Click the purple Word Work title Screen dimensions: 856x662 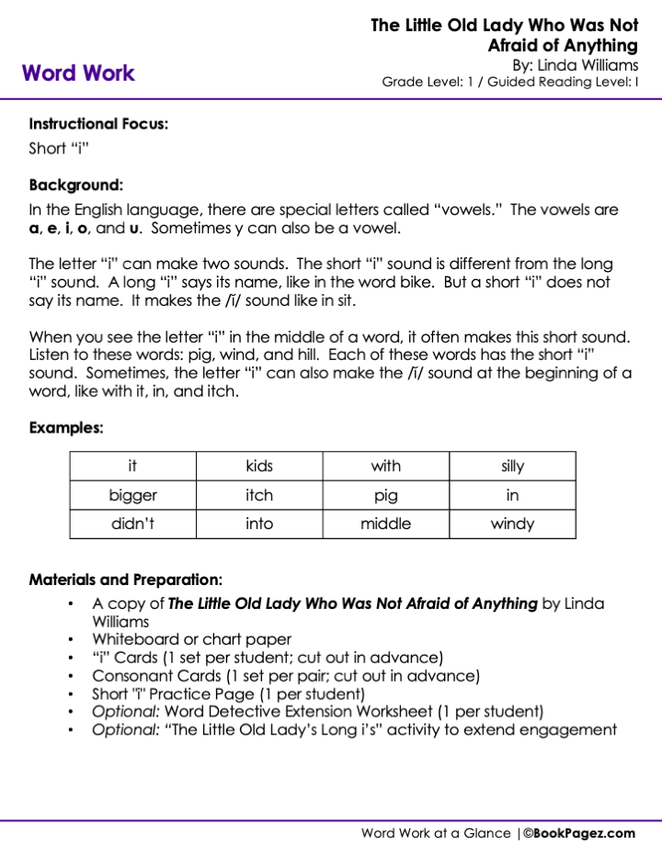click(78, 73)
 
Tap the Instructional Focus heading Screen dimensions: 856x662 click(98, 123)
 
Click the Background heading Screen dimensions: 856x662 click(76, 184)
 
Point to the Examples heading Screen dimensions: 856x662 click(66, 427)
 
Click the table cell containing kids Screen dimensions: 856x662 click(259, 467)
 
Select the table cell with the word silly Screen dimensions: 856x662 click(512, 467)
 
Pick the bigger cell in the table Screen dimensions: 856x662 click(133, 495)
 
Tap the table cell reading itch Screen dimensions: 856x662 click(259, 495)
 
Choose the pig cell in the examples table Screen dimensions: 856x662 click(386, 495)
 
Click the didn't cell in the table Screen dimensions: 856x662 click(133, 524)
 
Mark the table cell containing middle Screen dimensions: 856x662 click(386, 524)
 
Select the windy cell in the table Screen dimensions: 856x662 click(512, 524)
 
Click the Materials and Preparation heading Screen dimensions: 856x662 click(126, 580)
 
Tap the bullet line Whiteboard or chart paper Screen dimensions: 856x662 click(192, 639)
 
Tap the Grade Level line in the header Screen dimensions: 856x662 click(510, 82)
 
